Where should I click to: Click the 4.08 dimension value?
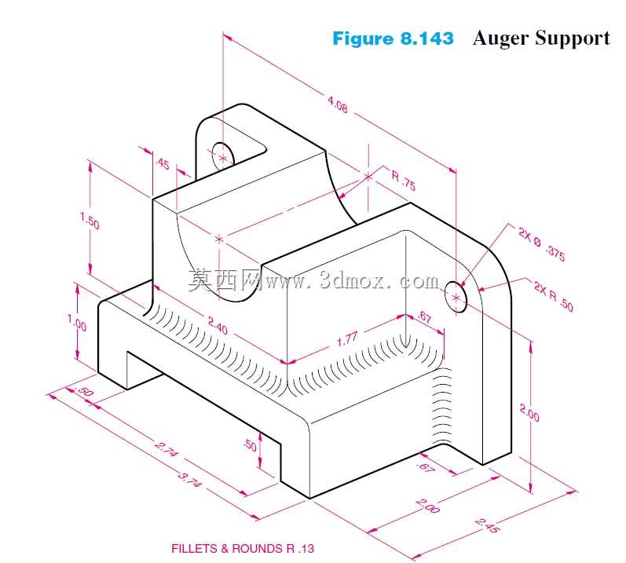[338, 104]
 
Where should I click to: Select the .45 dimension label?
[162, 163]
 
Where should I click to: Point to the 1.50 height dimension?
[90, 221]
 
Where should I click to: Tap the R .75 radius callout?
[403, 181]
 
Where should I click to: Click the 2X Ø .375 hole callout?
[542, 243]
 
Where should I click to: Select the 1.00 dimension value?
[77, 323]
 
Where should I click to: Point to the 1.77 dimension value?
[347, 338]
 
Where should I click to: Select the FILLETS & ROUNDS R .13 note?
[243, 548]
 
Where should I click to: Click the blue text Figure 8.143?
[393, 38]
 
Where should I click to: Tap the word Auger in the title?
[501, 39]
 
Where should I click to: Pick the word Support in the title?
[573, 39]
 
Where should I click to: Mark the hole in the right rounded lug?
[455, 297]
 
